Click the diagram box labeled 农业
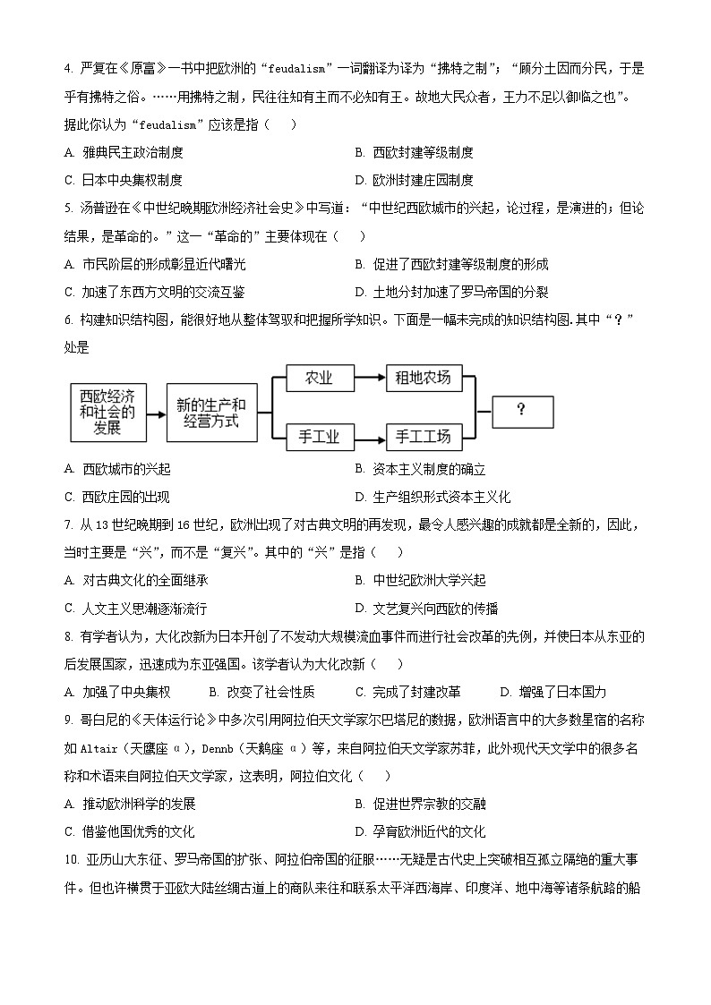(319, 378)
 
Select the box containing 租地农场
(423, 378)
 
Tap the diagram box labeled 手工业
(319, 437)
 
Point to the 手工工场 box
(423, 437)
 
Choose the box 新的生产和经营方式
(211, 412)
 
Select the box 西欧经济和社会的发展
(107, 412)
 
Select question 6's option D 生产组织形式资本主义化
(433, 497)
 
